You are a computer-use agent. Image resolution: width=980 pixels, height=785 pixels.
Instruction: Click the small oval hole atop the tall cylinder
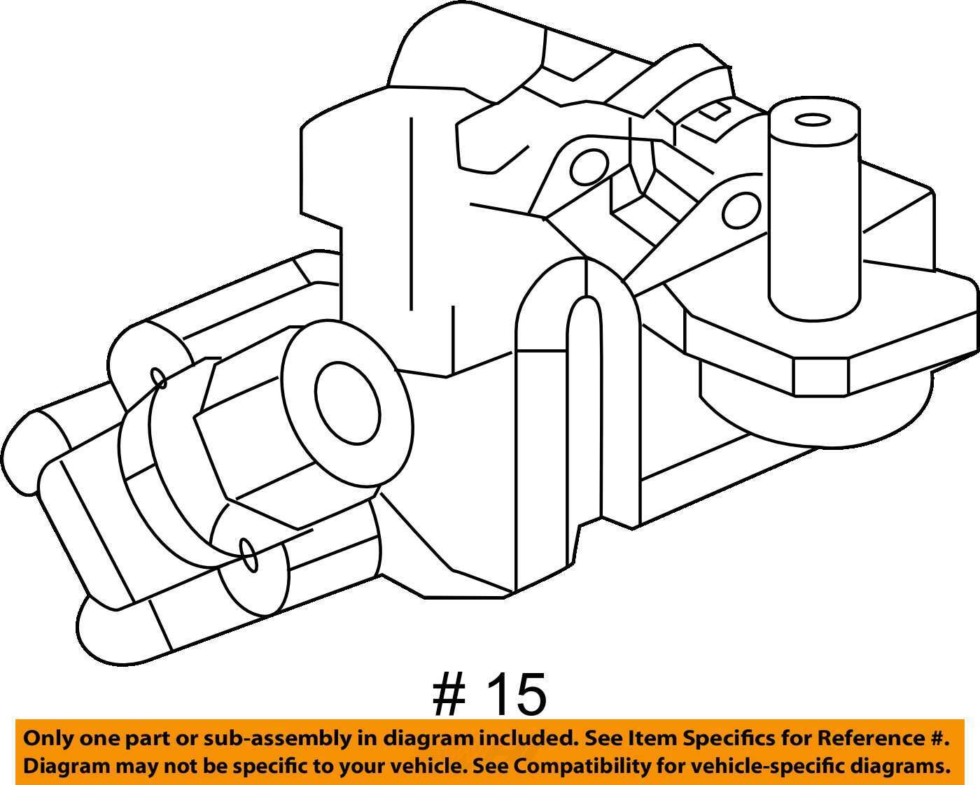(x=813, y=120)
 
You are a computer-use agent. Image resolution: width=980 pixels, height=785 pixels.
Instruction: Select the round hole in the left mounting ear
(x=589, y=167)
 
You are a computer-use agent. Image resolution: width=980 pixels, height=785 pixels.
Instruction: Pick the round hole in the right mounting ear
(x=741, y=211)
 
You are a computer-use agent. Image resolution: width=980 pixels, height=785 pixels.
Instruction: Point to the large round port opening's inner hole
(x=347, y=404)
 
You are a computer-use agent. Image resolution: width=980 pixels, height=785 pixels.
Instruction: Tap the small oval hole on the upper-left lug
(x=158, y=379)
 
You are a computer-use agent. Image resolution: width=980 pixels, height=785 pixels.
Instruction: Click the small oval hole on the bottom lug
(x=248, y=555)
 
